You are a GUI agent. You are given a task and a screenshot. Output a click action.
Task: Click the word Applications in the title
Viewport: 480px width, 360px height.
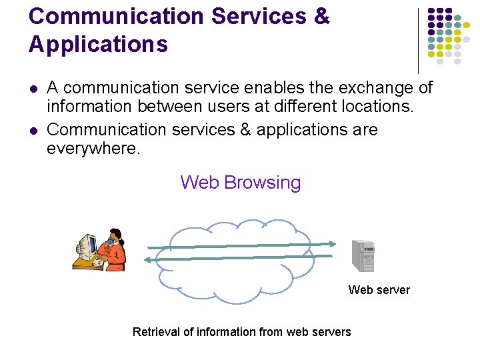tap(98, 45)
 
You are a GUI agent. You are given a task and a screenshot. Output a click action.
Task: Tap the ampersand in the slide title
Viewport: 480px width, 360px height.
tap(321, 16)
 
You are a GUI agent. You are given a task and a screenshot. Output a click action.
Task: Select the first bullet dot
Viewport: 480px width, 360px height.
tap(33, 88)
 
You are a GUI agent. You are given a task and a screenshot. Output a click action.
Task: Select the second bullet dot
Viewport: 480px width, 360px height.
tap(33, 130)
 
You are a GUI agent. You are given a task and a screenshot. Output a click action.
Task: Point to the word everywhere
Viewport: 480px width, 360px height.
tap(93, 149)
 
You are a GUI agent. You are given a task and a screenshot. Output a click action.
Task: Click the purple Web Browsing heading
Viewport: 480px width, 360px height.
tap(240, 182)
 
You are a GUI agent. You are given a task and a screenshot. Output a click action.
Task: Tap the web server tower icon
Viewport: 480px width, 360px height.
tap(363, 255)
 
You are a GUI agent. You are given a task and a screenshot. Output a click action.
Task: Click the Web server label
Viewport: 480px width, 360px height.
tap(379, 289)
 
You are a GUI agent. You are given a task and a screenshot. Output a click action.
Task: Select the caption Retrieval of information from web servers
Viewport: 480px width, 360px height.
tap(241, 331)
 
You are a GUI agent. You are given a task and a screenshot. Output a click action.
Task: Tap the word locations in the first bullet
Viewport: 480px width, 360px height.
tap(381, 106)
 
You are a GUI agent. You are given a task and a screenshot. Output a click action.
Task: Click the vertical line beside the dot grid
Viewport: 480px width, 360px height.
tap(418, 40)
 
